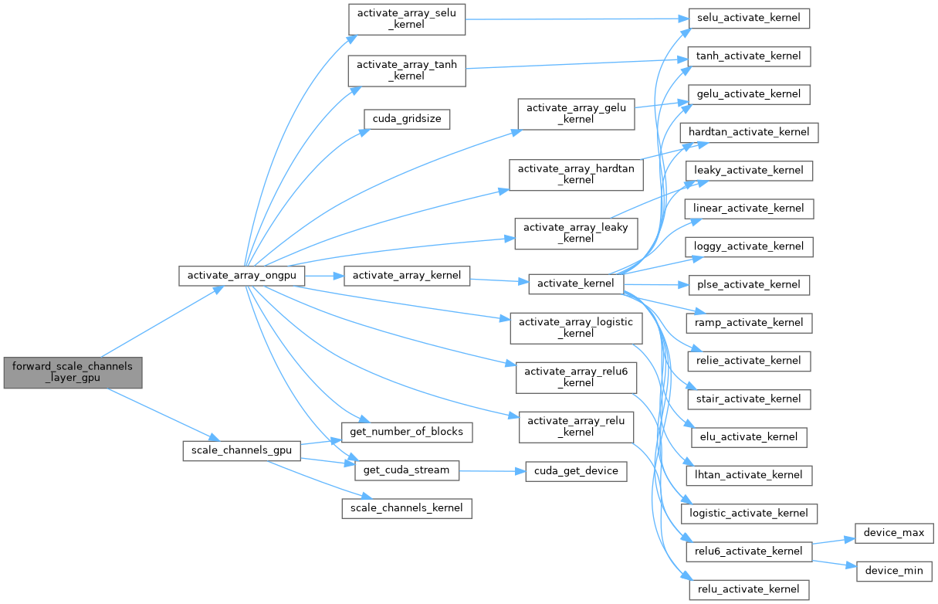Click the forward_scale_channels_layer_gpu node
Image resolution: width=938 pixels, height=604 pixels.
73,373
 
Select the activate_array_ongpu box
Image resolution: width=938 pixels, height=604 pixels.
242,276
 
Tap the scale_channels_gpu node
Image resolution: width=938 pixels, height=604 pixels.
241,450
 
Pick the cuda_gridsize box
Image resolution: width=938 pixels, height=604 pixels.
407,120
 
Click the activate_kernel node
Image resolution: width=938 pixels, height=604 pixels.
576,283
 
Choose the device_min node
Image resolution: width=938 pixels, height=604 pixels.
895,571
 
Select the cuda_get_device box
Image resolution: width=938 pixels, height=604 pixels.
576,470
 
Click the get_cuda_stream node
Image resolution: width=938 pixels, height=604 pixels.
407,470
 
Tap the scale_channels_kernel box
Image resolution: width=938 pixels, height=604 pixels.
407,507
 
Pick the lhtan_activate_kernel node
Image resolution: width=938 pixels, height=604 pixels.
749,474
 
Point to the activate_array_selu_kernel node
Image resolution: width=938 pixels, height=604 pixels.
407,19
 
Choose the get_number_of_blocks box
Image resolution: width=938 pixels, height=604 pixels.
407,431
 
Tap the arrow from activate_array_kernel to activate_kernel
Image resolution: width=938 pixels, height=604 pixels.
499,280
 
